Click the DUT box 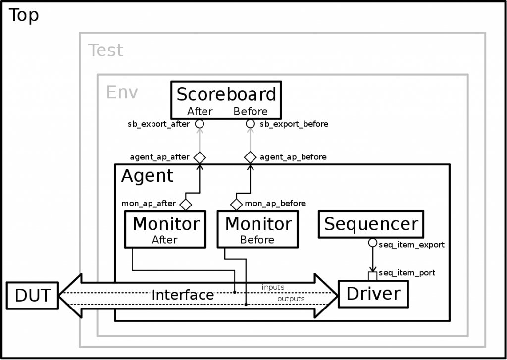pos(32,295)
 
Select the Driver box pos(373,294)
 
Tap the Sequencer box pos(371,224)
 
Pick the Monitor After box pos(165,229)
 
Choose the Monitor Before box pos(257,229)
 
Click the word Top pos(24,16)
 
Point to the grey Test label pos(105,51)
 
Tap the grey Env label pos(122,92)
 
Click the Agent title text pos(148,176)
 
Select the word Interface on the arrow pos(183,295)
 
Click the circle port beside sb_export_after pos(200,124)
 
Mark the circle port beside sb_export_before pos(251,124)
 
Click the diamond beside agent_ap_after pos(200,157)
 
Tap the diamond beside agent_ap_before pos(251,157)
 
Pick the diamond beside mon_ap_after pos(186,204)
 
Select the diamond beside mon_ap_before pos(236,204)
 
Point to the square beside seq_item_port pos(372,275)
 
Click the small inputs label pos(273,287)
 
